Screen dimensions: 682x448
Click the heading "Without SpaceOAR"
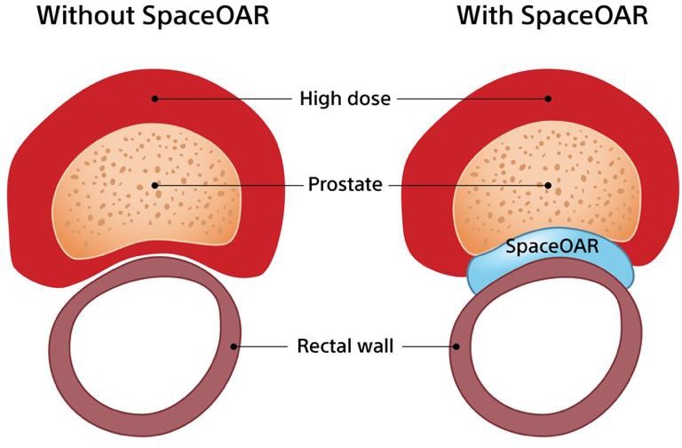(153, 16)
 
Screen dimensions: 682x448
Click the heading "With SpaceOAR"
(552, 16)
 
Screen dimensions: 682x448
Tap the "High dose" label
(345, 99)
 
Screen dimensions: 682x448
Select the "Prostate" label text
(345, 185)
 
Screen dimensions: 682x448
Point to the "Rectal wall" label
(345, 346)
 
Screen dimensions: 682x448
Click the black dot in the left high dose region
(155, 99)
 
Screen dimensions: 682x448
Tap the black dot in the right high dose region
(548, 99)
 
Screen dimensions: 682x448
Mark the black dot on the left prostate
(155, 186)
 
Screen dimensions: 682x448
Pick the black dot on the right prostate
(548, 186)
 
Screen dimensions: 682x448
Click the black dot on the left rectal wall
(234, 347)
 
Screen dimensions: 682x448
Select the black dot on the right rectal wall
(456, 347)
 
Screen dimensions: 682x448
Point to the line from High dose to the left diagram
(223, 99)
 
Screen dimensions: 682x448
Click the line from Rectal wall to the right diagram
(429, 347)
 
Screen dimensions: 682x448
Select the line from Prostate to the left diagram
(229, 186)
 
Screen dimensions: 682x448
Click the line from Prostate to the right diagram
(468, 186)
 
